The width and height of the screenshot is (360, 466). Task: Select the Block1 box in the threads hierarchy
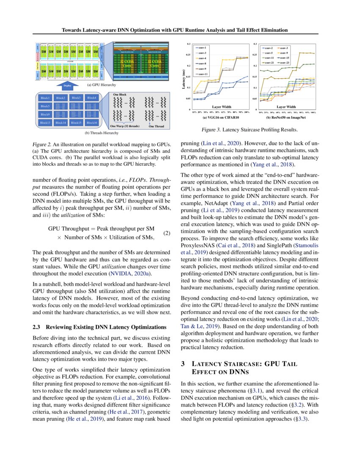pos(45,98)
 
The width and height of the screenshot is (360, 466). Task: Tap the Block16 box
pos(91,122)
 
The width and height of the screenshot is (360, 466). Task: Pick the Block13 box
pos(45,122)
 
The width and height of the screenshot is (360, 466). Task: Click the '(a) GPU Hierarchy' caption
pos(101,85)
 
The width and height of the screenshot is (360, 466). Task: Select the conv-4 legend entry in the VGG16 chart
pos(202,58)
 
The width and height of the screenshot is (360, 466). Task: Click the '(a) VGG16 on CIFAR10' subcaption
pos(220,117)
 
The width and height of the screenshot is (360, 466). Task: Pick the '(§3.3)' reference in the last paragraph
pos(299,419)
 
